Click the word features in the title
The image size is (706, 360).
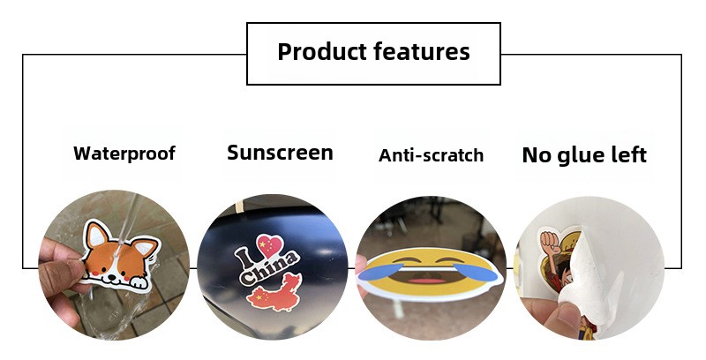[x=422, y=51]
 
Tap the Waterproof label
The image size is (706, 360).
[x=124, y=154]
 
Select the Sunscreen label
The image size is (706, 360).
[x=280, y=153]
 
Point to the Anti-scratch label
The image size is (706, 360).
[x=432, y=155]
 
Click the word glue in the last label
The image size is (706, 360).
[x=582, y=155]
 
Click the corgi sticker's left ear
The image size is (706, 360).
[x=97, y=234]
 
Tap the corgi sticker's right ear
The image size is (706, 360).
[x=146, y=246]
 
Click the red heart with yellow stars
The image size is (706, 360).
[x=270, y=245]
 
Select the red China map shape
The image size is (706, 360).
[x=274, y=292]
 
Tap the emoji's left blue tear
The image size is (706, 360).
[x=379, y=272]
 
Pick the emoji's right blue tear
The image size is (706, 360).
[x=477, y=272]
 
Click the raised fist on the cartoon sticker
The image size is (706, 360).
[x=549, y=242]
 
